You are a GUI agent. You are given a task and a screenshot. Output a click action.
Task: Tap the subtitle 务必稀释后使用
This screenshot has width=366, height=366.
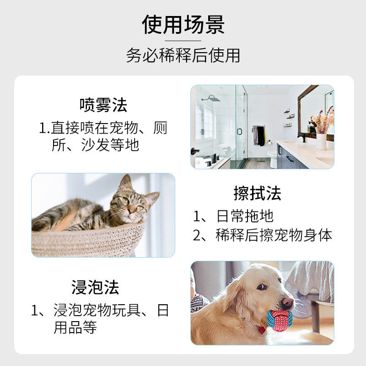click(x=183, y=55)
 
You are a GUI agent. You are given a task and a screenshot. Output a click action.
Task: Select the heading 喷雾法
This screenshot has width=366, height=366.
click(x=103, y=105)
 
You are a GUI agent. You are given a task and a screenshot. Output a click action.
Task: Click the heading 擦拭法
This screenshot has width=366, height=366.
click(x=257, y=194)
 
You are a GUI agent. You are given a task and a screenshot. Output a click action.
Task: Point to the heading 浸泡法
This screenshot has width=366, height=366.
click(x=95, y=287)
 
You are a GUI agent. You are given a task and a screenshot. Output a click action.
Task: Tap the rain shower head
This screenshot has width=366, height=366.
click(x=210, y=98)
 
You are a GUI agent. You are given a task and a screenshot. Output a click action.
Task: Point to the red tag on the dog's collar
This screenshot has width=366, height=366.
click(x=261, y=330)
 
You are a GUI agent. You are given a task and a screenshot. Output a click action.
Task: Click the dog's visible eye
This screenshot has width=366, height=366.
click(x=261, y=287)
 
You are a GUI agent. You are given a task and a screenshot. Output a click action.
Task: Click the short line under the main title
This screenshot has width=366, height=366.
click(x=183, y=41)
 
